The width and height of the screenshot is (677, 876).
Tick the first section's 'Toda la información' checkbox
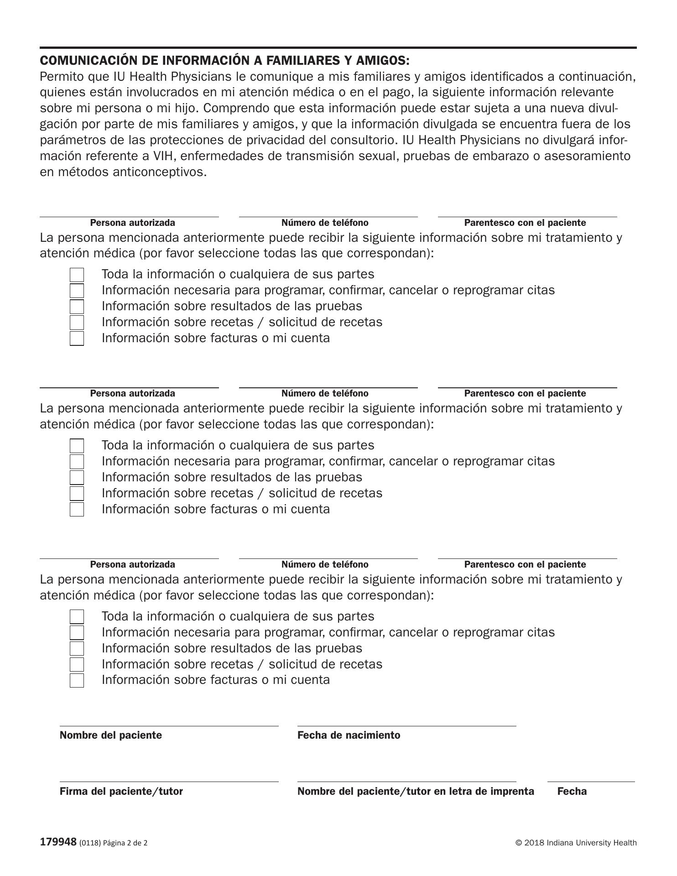77,275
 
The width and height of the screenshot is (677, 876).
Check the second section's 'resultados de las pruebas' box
77,478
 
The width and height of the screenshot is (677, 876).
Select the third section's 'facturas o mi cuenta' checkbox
77,680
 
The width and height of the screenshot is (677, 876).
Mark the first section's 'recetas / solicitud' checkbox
77,323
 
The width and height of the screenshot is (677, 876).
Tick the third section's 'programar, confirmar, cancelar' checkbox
77,633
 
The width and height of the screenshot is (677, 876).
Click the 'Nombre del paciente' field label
110,735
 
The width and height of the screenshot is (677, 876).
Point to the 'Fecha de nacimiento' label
349,735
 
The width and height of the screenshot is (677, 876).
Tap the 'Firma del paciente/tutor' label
121,791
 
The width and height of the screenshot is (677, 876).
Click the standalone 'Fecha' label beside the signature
572,791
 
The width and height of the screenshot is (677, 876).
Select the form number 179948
58,842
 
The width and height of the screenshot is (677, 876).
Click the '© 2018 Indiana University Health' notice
576,843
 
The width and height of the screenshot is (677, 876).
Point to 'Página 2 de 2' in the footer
125,843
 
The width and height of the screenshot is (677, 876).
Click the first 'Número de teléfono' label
325,223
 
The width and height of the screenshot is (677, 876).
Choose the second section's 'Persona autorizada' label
132,393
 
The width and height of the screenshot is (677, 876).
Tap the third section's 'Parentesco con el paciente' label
525,564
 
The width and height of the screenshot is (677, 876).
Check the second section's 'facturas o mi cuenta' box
77,510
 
